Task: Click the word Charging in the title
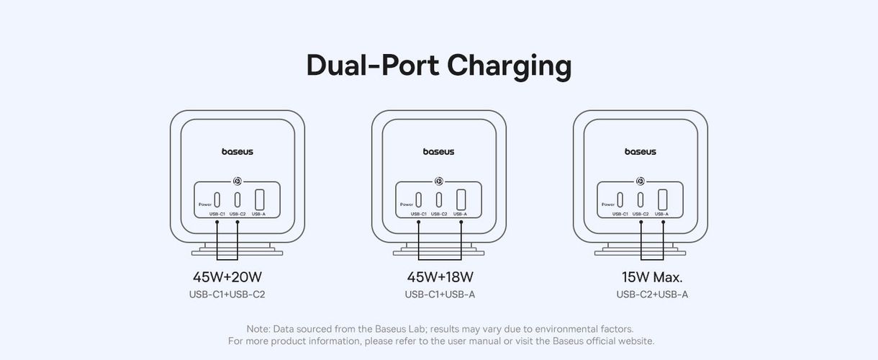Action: point(509,66)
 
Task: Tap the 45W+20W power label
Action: point(227,277)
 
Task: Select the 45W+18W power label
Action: point(440,277)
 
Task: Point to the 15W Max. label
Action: point(652,277)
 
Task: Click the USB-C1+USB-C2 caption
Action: point(227,294)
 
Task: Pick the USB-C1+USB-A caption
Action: point(440,294)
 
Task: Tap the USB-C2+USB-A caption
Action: point(652,294)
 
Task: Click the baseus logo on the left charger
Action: point(237,152)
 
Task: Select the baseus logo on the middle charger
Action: point(438,152)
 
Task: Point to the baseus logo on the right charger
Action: point(640,152)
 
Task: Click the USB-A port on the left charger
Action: point(259,199)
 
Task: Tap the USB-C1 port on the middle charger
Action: point(418,199)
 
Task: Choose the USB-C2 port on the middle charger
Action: point(439,199)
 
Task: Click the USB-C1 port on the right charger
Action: point(620,199)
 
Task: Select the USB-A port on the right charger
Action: point(662,199)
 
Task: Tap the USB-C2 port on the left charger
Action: point(237,199)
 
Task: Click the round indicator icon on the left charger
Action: point(237,181)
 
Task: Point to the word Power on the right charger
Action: point(607,204)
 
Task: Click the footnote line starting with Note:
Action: point(440,329)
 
